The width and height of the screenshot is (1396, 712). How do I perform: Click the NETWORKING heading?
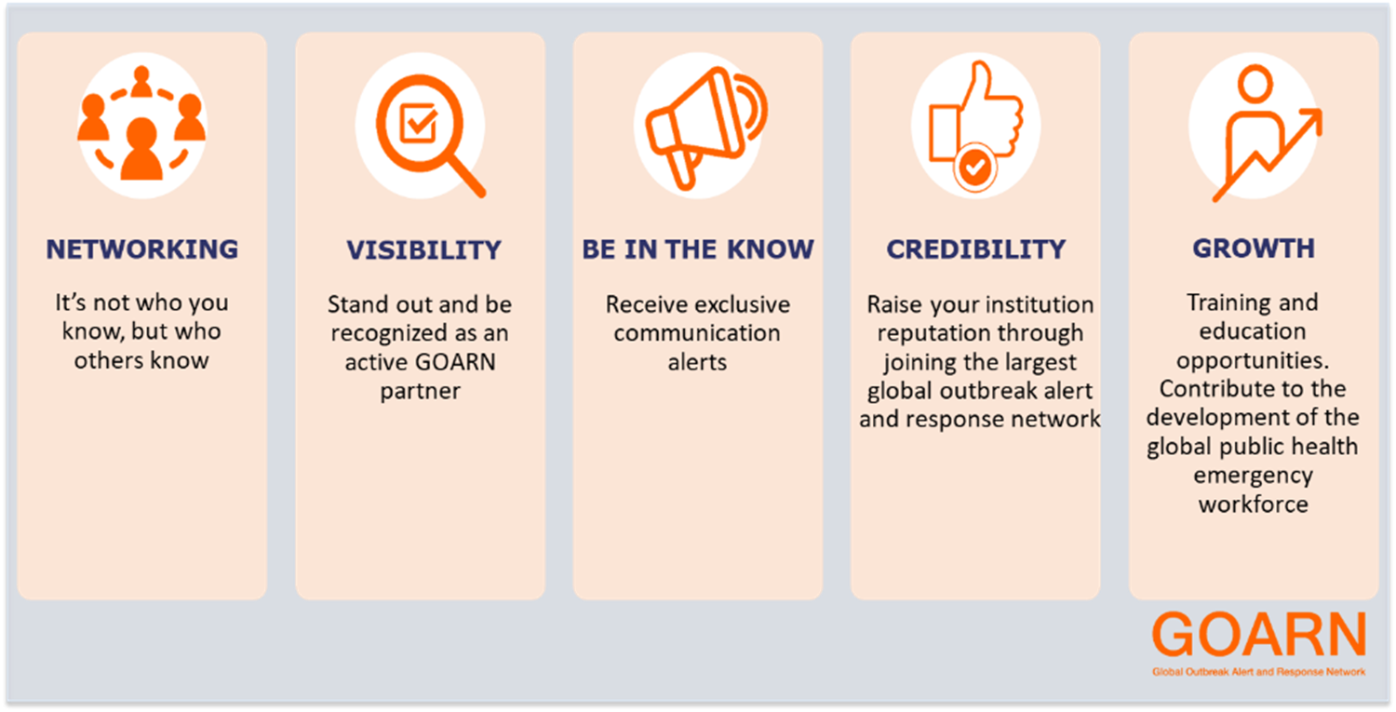point(142,249)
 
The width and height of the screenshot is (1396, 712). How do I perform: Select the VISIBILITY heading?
point(423,250)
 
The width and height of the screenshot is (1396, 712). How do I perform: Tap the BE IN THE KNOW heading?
point(698,249)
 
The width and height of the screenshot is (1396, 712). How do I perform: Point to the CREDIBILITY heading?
point(976,249)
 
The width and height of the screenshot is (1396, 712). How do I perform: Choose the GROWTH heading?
point(1254,249)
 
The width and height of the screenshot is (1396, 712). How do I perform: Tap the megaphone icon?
point(706,128)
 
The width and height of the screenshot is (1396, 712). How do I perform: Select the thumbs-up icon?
point(976,125)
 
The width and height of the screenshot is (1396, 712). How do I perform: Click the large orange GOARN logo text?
point(1259,634)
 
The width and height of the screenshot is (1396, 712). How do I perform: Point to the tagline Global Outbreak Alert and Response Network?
point(1259,672)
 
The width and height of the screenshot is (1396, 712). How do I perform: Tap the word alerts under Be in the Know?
point(697,362)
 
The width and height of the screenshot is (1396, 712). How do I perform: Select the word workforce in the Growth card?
point(1254,504)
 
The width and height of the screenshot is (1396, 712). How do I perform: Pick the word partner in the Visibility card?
point(420,392)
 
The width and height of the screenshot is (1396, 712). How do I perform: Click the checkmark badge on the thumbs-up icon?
point(975,167)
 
